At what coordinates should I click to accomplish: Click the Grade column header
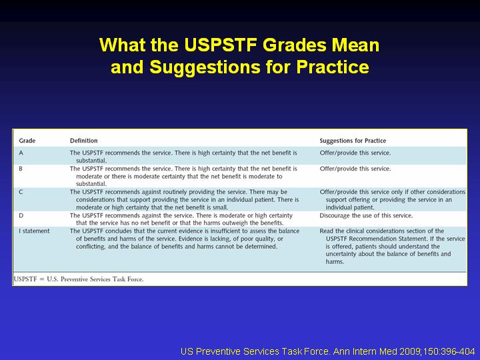tap(27, 141)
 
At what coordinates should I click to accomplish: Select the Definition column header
tap(83, 141)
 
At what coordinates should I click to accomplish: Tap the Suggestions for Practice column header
tap(353, 141)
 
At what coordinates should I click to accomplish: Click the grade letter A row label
tap(21, 153)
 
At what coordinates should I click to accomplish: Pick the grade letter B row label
tap(21, 169)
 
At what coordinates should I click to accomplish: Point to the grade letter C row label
tap(21, 192)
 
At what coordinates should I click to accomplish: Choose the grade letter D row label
tap(21, 215)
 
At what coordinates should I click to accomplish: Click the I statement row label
tap(34, 231)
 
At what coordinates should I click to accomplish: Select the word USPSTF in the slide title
tap(221, 45)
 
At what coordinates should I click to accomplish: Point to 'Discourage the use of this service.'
tap(366, 215)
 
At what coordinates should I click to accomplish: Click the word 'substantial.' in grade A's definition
tap(91, 161)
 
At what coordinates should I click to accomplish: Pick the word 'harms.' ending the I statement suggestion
tap(335, 262)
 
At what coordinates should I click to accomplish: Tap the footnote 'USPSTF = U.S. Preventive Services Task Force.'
tap(79, 279)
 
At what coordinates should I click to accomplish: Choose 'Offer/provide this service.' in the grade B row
tap(355, 169)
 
